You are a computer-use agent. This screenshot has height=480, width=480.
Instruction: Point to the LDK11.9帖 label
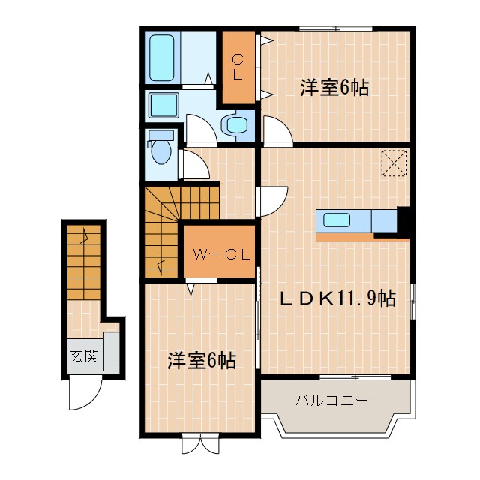point(337,298)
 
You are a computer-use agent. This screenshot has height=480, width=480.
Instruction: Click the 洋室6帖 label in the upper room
point(334,88)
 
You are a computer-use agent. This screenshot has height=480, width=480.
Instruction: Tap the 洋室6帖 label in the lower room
point(201,361)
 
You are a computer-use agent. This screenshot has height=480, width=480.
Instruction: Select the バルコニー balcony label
point(331,400)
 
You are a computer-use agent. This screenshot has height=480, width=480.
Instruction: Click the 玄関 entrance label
point(84,355)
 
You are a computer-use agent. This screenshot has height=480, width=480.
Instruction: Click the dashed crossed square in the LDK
point(393,163)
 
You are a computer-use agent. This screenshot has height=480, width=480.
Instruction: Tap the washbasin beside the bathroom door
point(237,125)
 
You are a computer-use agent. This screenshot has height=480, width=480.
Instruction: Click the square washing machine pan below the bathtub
point(163,105)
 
